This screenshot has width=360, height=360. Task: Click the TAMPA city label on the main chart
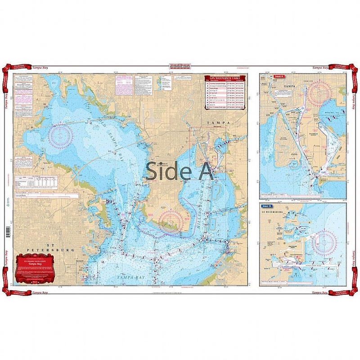point(218,122)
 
